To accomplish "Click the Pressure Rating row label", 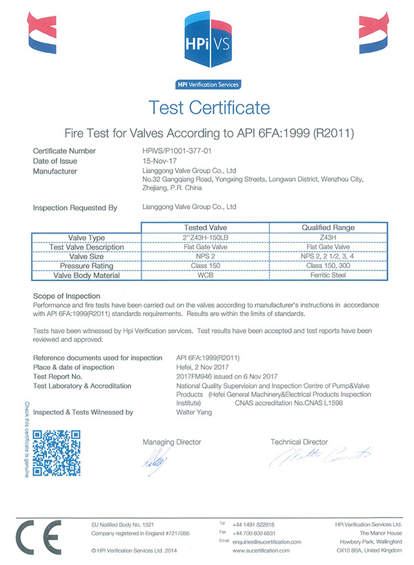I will (x=87, y=266).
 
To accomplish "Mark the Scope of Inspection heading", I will (x=68, y=295).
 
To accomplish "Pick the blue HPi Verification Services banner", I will (x=207, y=85).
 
